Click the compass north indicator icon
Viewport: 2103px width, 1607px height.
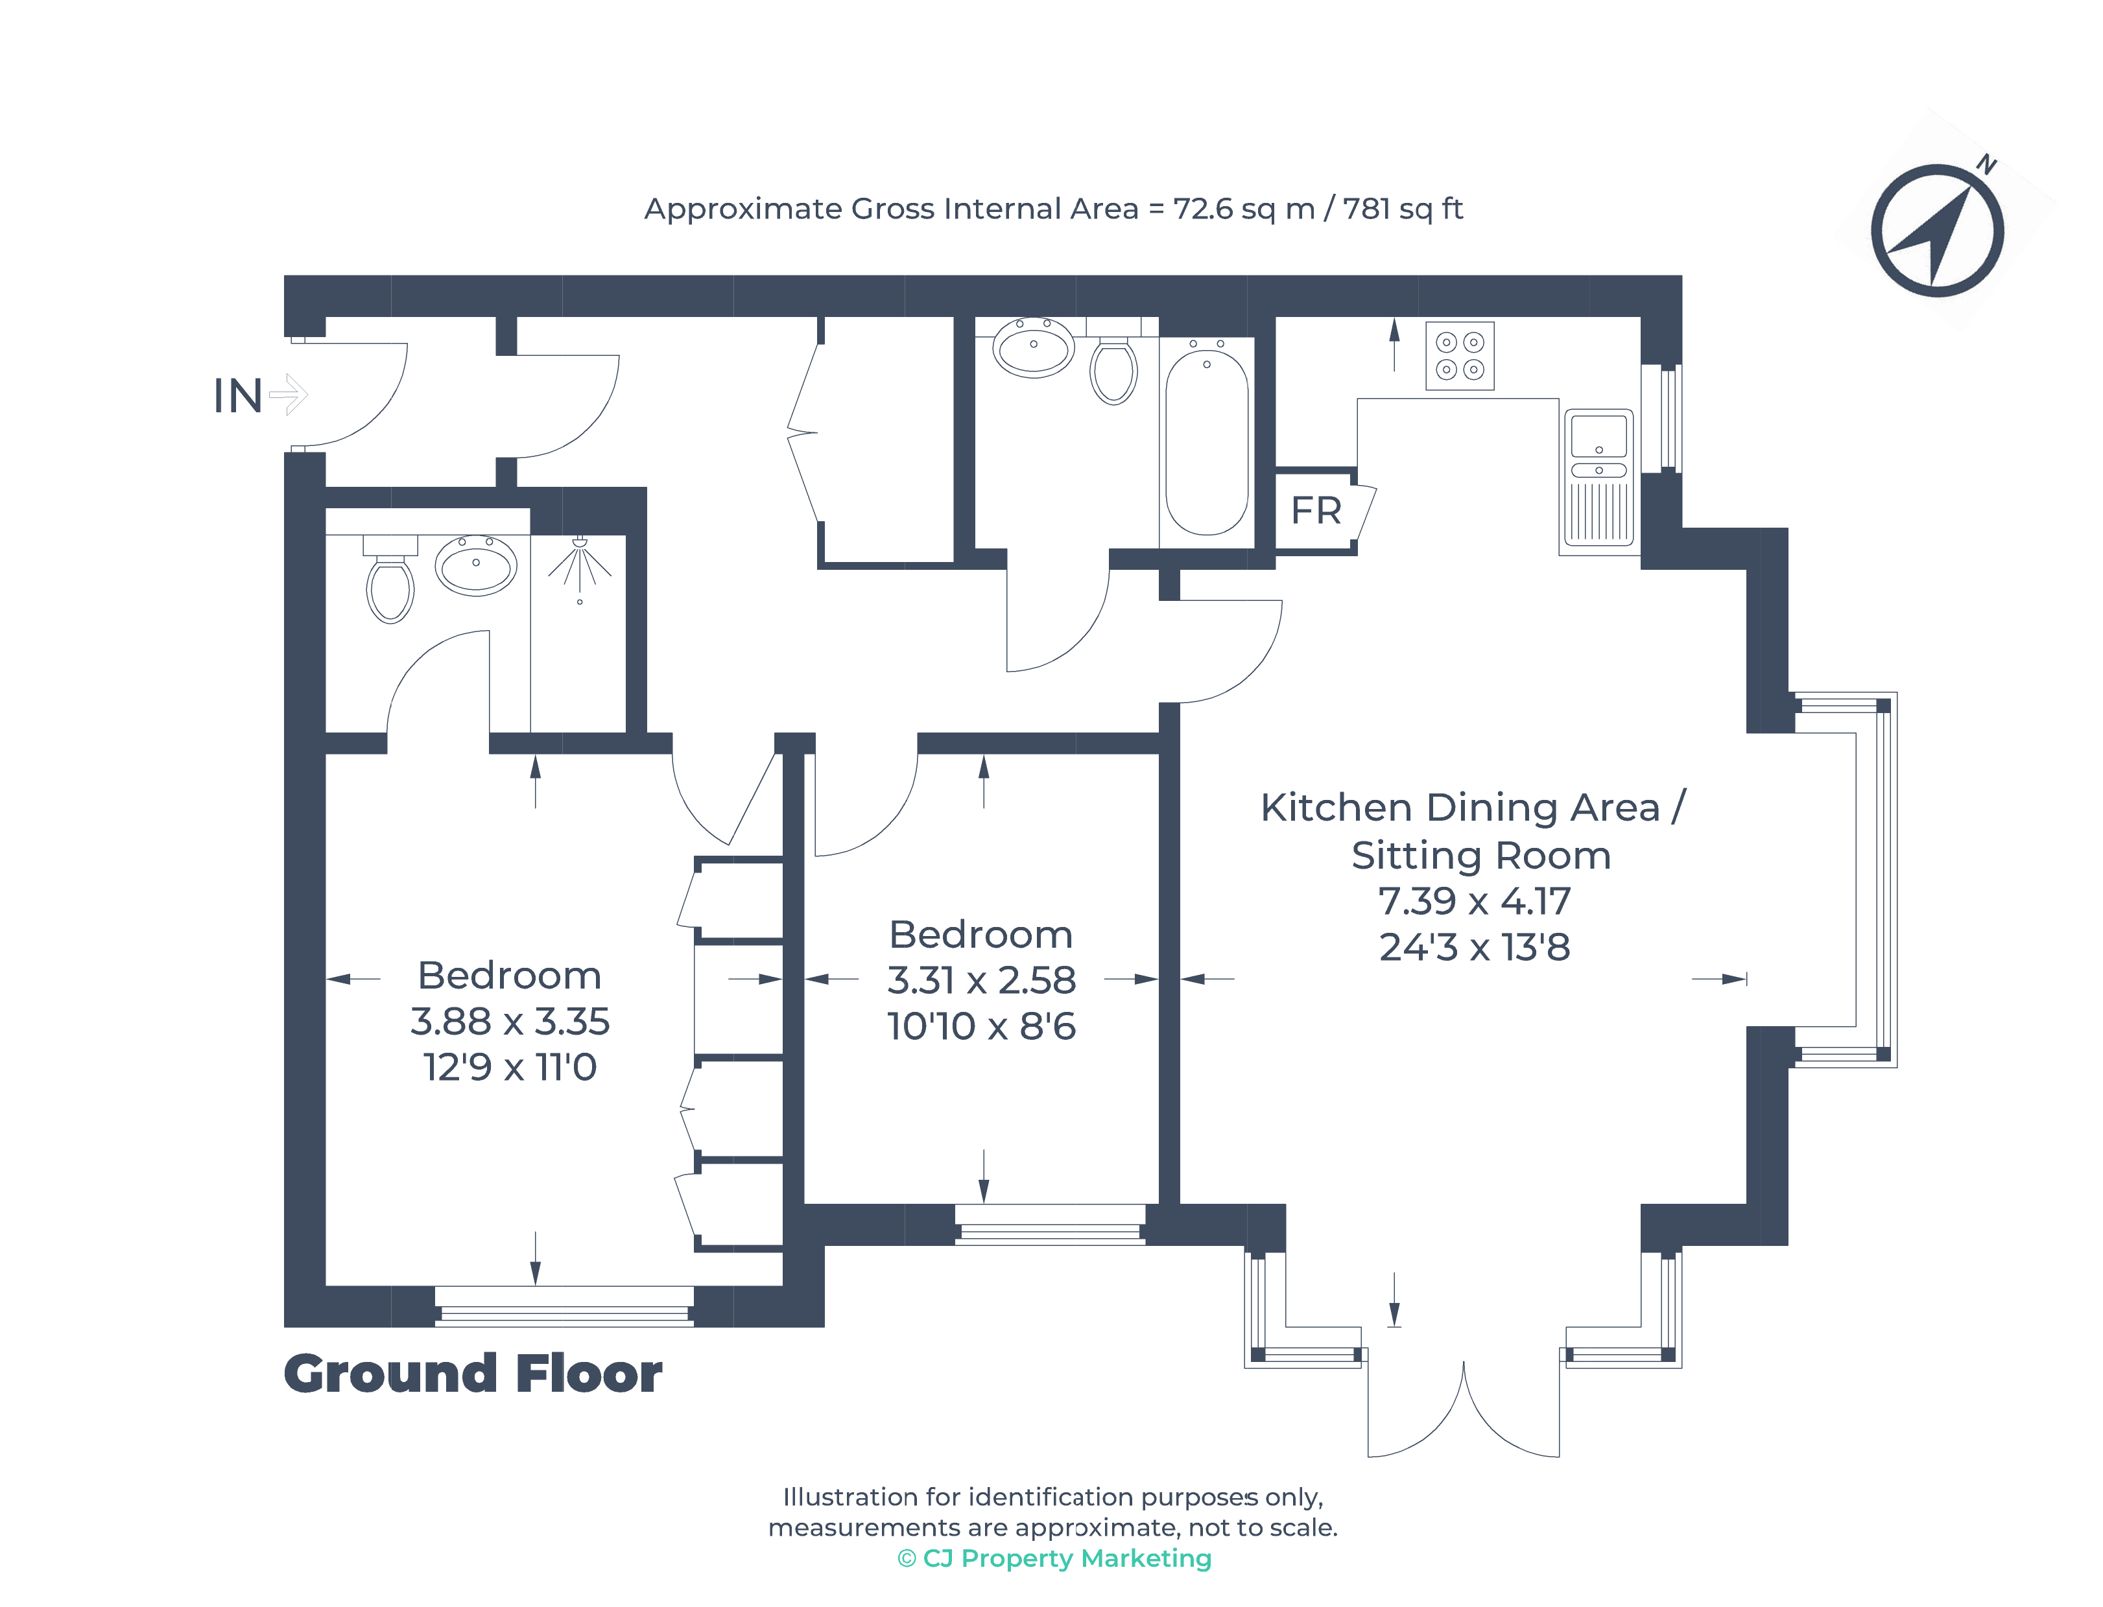(x=1938, y=229)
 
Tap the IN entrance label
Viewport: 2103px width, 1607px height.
(x=237, y=396)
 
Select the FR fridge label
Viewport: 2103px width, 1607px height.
(x=1316, y=511)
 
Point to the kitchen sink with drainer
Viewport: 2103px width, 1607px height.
(x=1598, y=478)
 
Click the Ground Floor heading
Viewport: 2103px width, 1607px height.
(x=473, y=1374)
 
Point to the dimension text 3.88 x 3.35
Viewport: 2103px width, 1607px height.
(x=510, y=1022)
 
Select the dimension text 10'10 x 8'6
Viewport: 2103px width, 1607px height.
(x=982, y=1026)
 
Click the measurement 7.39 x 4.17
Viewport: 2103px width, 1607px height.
(x=1475, y=901)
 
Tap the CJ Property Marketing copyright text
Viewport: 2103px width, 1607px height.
(x=1054, y=1558)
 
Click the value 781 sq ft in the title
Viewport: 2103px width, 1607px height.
(x=1403, y=209)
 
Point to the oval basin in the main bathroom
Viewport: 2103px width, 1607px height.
(x=1033, y=347)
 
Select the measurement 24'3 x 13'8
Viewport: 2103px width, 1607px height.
(x=1475, y=948)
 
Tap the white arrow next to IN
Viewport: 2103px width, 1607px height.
(x=288, y=394)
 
